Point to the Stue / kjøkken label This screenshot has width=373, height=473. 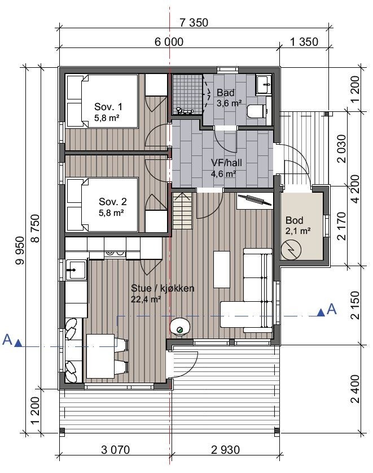click(x=163, y=288)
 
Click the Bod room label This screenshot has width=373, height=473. click(x=295, y=220)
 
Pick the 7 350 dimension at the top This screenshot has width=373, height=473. click(x=194, y=23)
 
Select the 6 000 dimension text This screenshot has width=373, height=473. click(x=169, y=42)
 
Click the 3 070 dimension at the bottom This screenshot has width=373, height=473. click(x=116, y=450)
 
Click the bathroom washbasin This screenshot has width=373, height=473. click(x=264, y=85)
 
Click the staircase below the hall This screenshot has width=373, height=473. click(x=182, y=211)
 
